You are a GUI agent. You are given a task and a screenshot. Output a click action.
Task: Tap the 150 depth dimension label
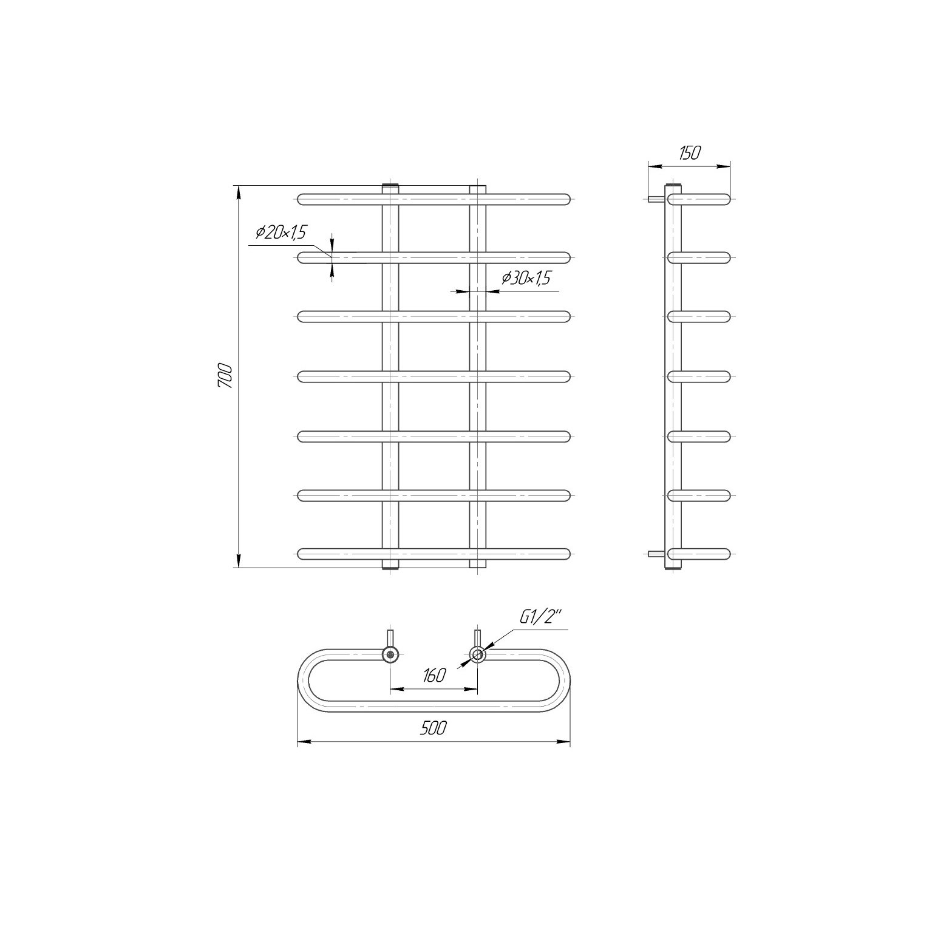[x=689, y=153]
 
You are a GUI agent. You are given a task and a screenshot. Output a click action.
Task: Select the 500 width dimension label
[x=434, y=728]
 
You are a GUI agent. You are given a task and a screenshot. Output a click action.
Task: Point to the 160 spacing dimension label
[x=434, y=675]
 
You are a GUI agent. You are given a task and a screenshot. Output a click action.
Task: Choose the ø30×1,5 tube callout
[x=526, y=278]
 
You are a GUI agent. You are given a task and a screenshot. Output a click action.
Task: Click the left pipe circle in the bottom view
[x=390, y=654]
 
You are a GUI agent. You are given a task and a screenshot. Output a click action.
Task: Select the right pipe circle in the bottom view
[x=478, y=654]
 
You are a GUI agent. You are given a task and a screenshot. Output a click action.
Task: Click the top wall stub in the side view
[x=656, y=199]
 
